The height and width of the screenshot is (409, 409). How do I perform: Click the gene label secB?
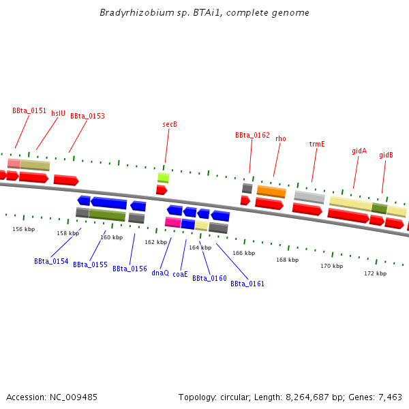pos(170,124)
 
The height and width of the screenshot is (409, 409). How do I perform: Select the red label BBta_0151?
pos(29,110)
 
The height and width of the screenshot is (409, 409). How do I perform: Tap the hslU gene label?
pos(59,113)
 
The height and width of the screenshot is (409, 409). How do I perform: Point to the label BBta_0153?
pos(87,116)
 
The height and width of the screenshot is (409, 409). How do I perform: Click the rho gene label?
pos(281,138)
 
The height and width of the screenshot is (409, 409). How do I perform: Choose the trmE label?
pos(317,144)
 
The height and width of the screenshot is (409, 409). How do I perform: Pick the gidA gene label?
pos(359,151)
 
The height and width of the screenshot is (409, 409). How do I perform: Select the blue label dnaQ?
pos(160,273)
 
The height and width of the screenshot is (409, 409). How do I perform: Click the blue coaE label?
pos(180,274)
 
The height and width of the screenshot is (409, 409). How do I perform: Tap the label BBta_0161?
pos(247,284)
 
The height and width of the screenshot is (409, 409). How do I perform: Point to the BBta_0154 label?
pos(51,261)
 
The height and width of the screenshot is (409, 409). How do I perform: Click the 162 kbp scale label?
pos(155,242)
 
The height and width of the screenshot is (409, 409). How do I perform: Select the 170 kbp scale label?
pos(331,266)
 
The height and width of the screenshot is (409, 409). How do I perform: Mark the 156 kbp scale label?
pos(24,229)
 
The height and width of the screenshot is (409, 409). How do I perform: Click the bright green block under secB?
pos(163,178)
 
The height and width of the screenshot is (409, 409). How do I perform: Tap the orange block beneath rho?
pos(271,192)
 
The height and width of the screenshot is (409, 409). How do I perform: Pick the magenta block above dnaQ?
pos(172,222)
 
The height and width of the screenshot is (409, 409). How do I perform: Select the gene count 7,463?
pos(389,397)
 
